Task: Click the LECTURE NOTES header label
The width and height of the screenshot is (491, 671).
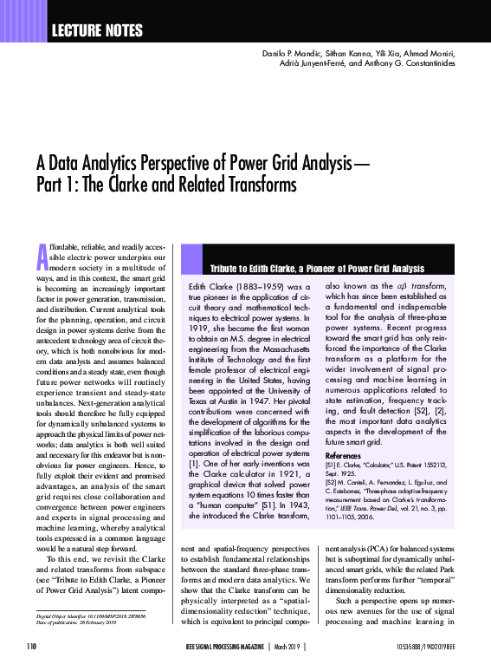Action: [98, 31]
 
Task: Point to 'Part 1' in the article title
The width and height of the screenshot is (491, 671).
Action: [59, 185]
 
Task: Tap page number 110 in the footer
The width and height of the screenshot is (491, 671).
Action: [32, 646]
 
